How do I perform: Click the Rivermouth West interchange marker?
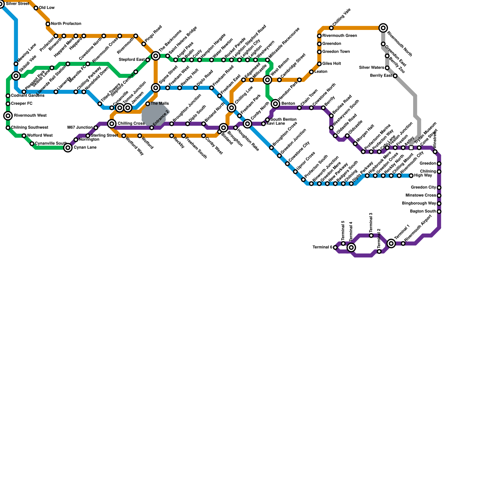point(8,116)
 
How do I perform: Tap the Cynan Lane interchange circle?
point(68,148)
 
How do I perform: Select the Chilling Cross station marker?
point(112,123)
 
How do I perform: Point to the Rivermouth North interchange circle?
point(383,28)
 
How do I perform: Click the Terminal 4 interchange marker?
point(351,247)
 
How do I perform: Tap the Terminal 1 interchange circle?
point(391,243)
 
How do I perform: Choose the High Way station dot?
point(411,176)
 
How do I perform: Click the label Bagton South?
point(423,211)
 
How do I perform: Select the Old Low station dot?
point(36,8)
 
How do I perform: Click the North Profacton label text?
point(66,24)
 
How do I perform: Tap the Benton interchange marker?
point(276,104)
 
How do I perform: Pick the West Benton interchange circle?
point(268,80)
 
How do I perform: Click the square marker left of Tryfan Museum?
point(411,148)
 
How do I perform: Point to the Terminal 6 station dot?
point(335,248)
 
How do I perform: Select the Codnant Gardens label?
point(28,96)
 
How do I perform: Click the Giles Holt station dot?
point(319,64)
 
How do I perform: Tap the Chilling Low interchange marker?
point(231,108)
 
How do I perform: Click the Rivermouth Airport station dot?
point(403,243)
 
